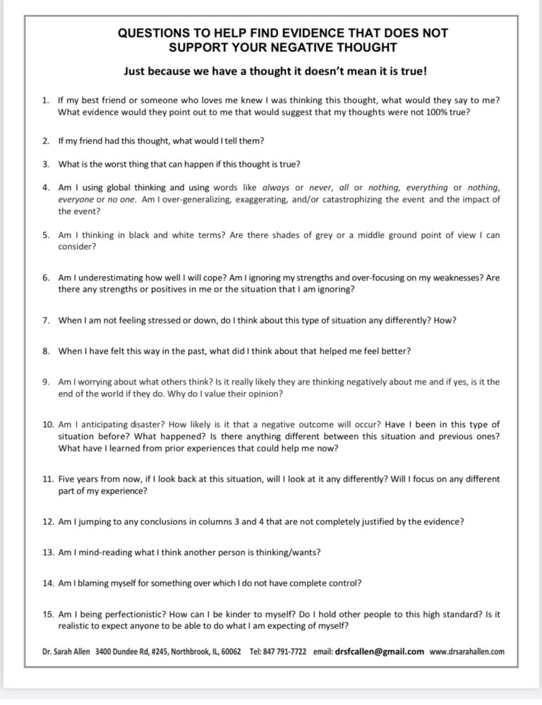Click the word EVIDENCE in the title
pos(325,33)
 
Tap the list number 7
pos(45,320)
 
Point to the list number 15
pos(47,615)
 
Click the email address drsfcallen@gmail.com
pos(380,651)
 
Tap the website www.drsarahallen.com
pos(467,651)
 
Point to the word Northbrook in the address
pos(189,651)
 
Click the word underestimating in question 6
pos(101,278)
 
